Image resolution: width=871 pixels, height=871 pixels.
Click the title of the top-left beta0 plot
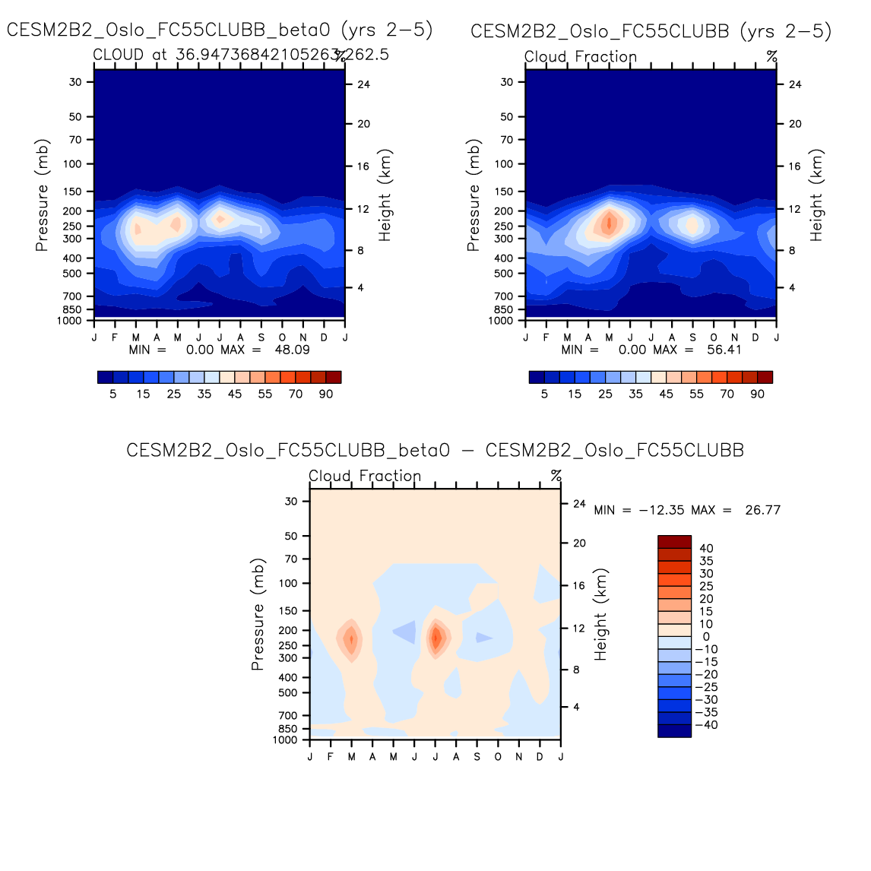pyautogui.click(x=220, y=30)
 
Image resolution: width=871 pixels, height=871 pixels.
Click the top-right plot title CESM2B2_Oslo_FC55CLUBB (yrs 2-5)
pyautogui.click(x=651, y=31)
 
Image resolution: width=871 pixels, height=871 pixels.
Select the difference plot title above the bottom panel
pyautogui.click(x=435, y=450)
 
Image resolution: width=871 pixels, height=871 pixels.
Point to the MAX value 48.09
pyautogui.click(x=292, y=350)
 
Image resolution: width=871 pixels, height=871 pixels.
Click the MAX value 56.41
pyautogui.click(x=724, y=350)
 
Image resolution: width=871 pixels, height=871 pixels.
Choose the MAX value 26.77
pyautogui.click(x=762, y=510)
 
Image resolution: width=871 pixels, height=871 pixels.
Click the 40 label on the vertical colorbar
pyautogui.click(x=706, y=548)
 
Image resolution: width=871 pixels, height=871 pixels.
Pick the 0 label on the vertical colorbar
pyautogui.click(x=706, y=636)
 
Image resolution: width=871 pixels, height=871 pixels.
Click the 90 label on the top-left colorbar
pyautogui.click(x=326, y=394)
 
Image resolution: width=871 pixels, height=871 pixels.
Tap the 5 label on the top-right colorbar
pyautogui.click(x=544, y=394)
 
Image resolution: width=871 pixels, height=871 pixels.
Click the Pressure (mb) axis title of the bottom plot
pyautogui.click(x=258, y=615)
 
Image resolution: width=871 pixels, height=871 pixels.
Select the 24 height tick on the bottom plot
pyautogui.click(x=579, y=504)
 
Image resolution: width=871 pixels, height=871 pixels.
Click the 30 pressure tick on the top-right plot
pyautogui.click(x=507, y=82)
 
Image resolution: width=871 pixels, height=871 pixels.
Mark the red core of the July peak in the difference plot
pyautogui.click(x=435, y=638)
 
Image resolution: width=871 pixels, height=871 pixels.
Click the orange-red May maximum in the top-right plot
pyautogui.click(x=608, y=223)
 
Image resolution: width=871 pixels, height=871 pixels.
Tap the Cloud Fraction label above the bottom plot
pyautogui.click(x=365, y=477)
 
